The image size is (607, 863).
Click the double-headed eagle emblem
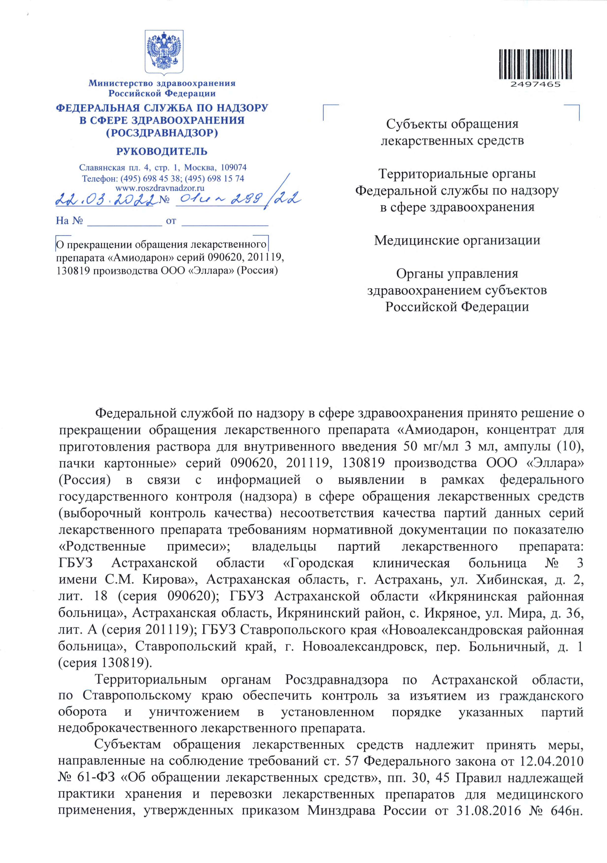164,52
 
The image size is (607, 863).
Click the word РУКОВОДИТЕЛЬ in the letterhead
162,152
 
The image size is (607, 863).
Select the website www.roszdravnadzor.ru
160,188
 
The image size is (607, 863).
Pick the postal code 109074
233,167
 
